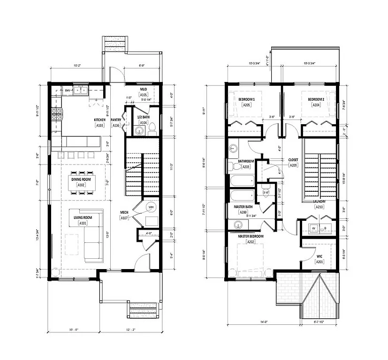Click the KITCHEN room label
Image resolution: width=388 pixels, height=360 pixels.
tap(99, 120)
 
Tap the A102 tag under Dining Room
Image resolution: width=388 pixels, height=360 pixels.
tap(81, 185)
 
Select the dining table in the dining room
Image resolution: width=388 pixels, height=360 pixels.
tap(81, 183)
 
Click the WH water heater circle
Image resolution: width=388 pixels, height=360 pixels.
tap(151, 207)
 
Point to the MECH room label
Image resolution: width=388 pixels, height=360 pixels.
tap(124, 212)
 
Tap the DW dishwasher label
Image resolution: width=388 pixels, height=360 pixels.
tap(67, 90)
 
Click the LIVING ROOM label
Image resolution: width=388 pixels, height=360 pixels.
tap(83, 217)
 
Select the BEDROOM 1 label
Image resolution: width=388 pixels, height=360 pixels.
tap(246, 99)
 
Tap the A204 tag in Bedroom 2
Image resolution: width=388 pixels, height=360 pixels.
tap(316, 105)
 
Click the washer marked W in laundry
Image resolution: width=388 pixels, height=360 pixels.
tap(313, 228)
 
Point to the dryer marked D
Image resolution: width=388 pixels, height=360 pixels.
tap(326, 228)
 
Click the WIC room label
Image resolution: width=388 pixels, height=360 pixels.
tap(320, 256)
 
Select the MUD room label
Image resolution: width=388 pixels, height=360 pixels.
tap(144, 89)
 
